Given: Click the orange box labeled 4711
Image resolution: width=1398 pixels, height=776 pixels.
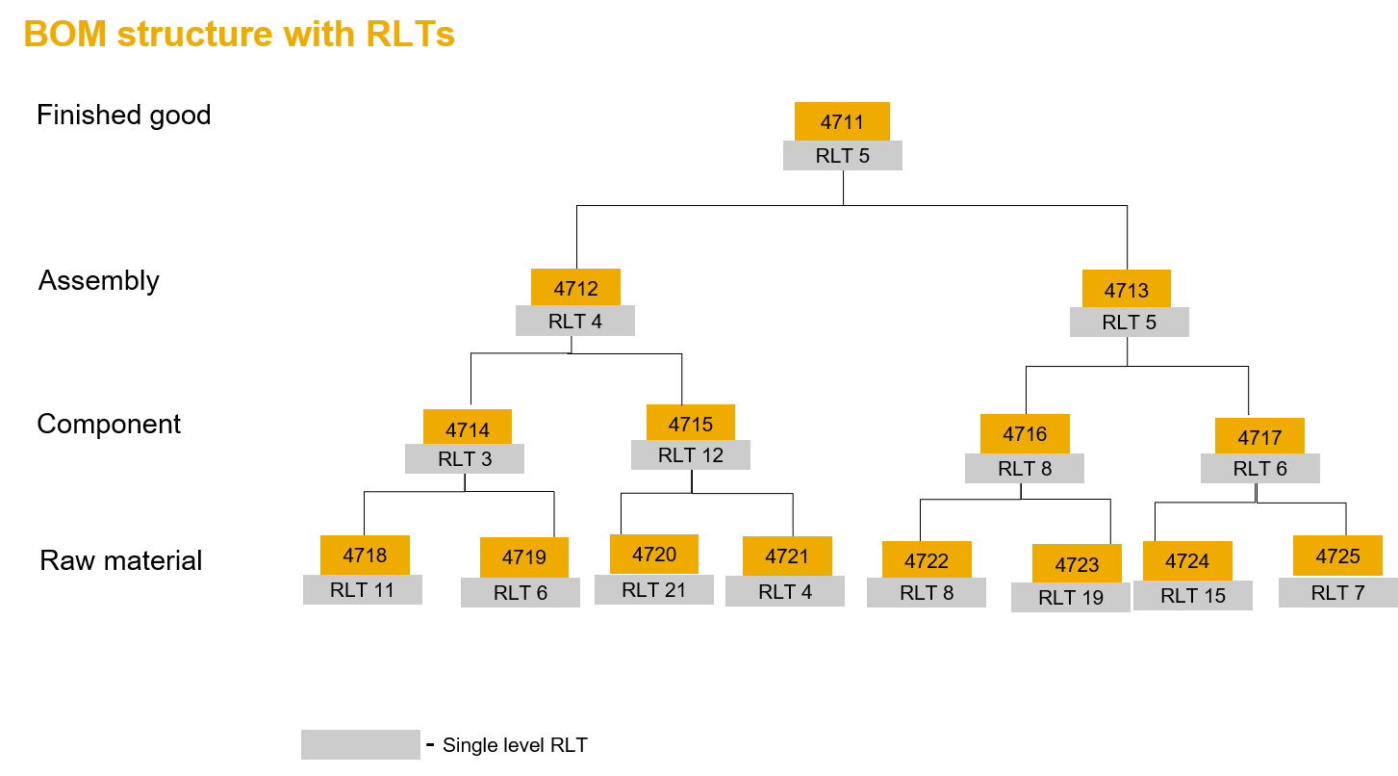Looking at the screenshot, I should point(842,121).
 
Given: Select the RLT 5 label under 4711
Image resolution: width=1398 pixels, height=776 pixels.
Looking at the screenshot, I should point(842,156).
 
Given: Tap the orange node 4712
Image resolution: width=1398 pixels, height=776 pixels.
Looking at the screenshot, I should point(575,288).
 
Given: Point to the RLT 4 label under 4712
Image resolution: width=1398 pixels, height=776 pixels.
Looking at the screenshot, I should point(574,322).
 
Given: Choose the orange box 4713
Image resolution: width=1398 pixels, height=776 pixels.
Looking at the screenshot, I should point(1126,289).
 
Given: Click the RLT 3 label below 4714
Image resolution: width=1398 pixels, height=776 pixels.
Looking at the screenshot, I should point(464,459).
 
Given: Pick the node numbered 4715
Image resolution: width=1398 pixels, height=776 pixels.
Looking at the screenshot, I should point(690,424).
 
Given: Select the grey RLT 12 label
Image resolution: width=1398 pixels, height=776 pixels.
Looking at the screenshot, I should point(690,455).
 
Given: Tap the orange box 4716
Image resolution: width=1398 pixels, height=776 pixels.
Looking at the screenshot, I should point(1024,434).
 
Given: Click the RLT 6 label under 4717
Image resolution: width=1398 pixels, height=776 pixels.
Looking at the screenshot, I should point(1259,469).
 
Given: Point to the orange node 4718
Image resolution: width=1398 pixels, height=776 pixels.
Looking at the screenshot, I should point(365,556).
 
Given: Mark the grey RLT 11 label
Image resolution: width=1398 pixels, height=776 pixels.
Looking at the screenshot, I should point(362,590).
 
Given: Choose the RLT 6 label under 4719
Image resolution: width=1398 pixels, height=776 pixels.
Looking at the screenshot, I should point(520,593).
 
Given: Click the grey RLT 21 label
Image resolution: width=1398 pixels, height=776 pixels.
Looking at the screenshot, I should point(653,590).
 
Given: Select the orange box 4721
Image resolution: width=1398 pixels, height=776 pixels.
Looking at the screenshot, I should point(786,556).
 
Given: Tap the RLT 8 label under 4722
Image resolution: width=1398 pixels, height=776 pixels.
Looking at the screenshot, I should point(926,593).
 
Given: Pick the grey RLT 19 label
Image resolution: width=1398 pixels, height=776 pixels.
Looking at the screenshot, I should point(1070,598).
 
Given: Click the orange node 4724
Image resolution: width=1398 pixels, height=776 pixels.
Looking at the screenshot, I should point(1186,561).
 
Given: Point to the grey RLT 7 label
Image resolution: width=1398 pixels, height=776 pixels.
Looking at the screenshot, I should point(1337,593).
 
